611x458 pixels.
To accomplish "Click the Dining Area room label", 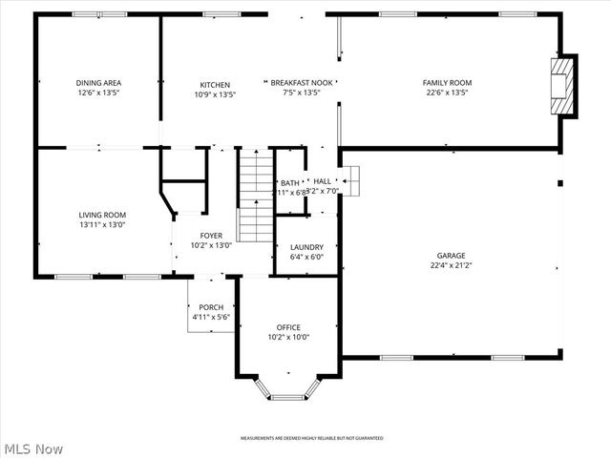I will pos(99,83).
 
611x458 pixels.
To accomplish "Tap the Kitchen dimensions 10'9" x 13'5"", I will pos(215,94).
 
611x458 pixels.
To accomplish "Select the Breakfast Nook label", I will pos(300,83).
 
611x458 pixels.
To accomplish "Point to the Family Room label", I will pos(447,83).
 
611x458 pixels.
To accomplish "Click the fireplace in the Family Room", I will pos(565,86).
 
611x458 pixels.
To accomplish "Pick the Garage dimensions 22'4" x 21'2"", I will pos(452,266).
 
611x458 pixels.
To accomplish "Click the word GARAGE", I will pos(452,256).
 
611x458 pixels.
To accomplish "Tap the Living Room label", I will pos(102,215).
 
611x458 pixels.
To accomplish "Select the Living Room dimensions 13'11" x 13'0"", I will pos(102,225).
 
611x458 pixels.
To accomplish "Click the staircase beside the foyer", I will pos(255,196).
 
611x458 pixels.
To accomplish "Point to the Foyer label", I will pos(211,235).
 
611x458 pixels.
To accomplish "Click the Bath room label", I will pos(289,182).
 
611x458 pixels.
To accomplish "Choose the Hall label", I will pos(322,180).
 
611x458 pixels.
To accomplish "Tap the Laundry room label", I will pos(306,247).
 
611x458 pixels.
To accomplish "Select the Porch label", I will pos(211,307).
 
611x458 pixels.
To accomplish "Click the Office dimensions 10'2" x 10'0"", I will pos(288,337).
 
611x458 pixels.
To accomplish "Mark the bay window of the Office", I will pos(287,391).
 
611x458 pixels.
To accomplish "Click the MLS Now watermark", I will pos(33,448).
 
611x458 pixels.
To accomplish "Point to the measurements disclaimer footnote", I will pos(311,438).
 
